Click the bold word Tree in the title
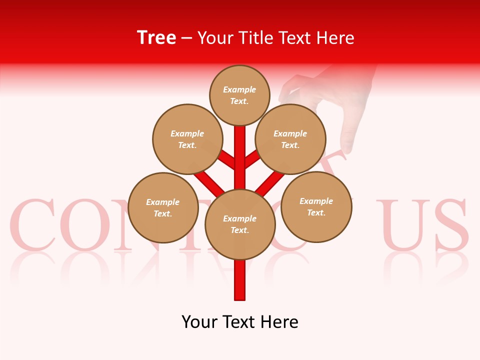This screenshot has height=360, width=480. click(156, 38)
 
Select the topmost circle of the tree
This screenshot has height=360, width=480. click(239, 95)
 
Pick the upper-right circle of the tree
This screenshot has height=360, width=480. click(290, 139)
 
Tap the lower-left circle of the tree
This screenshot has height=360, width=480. click(163, 207)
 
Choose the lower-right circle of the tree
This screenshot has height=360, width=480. click(316, 206)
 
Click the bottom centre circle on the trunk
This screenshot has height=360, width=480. click(240, 224)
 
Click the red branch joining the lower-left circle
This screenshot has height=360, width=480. click(209, 183)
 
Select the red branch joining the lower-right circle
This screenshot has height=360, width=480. click(270, 183)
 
